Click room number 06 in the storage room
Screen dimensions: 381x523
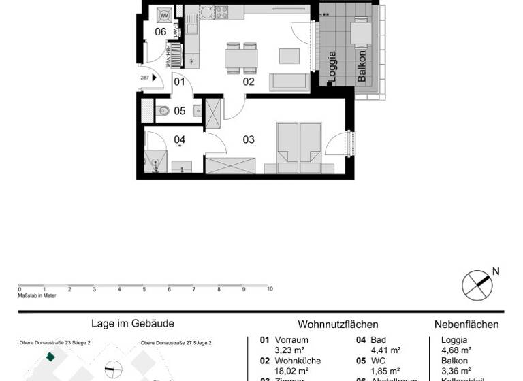(161, 31)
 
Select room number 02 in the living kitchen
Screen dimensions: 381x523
(249, 82)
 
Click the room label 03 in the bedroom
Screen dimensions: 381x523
(249, 139)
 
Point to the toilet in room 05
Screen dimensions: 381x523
(164, 111)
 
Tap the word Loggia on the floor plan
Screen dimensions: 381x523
(332, 67)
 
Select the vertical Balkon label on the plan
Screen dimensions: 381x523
(362, 67)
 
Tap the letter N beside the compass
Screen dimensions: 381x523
(496, 271)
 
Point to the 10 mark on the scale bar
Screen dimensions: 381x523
(270, 289)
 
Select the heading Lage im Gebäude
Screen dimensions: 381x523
(133, 325)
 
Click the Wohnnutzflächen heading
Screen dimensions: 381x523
(338, 325)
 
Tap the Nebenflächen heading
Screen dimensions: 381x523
(466, 325)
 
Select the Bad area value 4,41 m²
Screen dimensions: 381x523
(385, 350)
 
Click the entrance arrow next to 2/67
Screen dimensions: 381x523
(155, 78)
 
